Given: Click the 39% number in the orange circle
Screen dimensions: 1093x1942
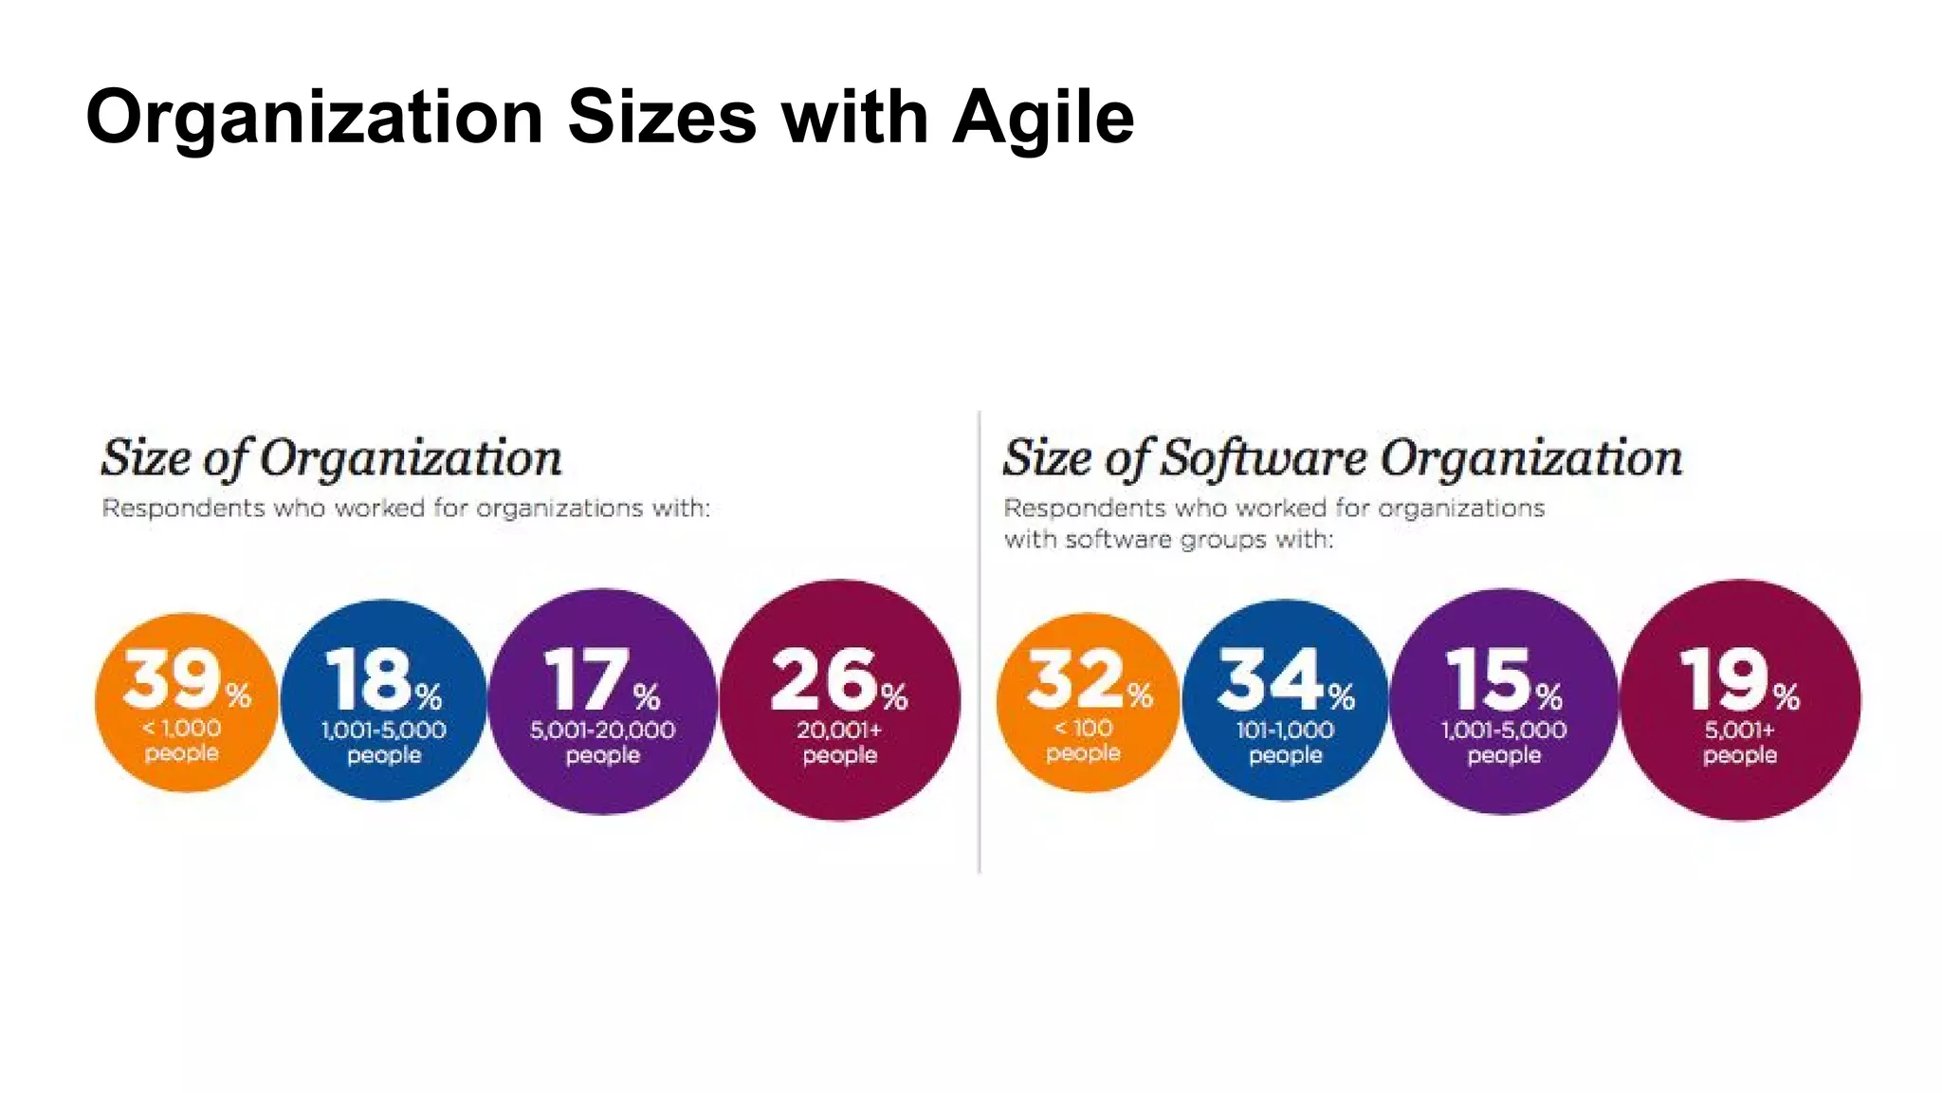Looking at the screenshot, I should pos(186,679).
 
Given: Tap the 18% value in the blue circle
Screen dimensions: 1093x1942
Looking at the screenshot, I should pos(383,679).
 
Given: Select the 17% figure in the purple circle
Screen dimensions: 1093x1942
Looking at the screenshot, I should pos(601,679).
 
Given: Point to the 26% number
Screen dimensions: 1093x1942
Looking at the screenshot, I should pos(838,679).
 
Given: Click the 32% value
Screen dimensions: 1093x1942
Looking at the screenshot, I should pos(1089,679).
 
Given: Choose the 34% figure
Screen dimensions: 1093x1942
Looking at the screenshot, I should pos(1285,679).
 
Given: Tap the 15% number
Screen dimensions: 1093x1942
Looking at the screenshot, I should pos(1503,679).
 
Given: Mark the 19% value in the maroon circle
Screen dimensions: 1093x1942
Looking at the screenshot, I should pos(1738,679).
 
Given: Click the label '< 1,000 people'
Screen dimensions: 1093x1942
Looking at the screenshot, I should pos(181,740).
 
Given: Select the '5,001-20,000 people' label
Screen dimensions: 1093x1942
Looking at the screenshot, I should pos(602,742).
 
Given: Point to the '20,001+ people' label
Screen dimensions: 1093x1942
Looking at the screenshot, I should pos(839,742).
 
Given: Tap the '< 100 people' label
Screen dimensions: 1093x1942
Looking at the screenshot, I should pos(1083,740).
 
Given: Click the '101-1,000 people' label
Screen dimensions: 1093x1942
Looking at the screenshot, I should pos(1285,742).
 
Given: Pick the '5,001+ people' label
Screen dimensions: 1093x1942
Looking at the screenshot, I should pos(1739,742).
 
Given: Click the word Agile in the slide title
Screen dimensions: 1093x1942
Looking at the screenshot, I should pos(1042,118).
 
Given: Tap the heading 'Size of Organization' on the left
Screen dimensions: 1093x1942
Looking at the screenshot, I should pos(331,458).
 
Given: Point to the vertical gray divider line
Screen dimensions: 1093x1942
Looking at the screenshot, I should pos(980,645).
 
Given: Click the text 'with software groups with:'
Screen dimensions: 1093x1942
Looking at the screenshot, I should pos(1168,540).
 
